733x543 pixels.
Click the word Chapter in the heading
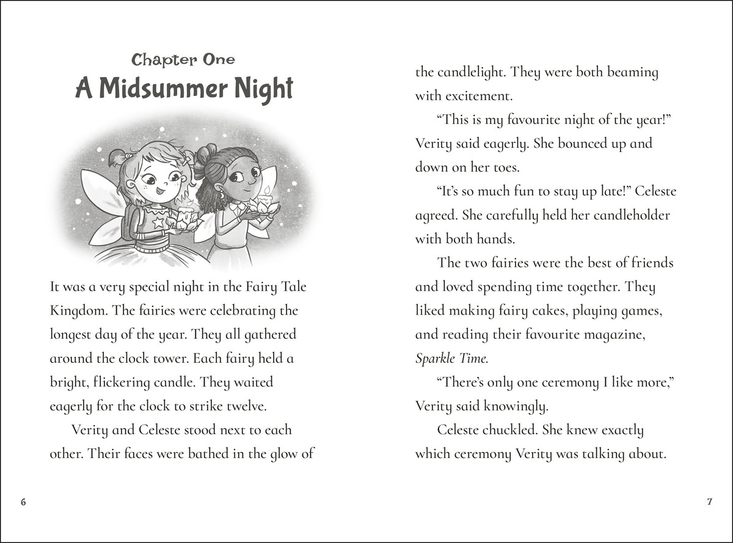[156, 59]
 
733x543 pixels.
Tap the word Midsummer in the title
[164, 89]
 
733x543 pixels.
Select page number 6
[23, 502]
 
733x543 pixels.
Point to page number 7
[709, 502]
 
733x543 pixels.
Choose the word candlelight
[470, 72]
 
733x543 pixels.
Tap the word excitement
[477, 96]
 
